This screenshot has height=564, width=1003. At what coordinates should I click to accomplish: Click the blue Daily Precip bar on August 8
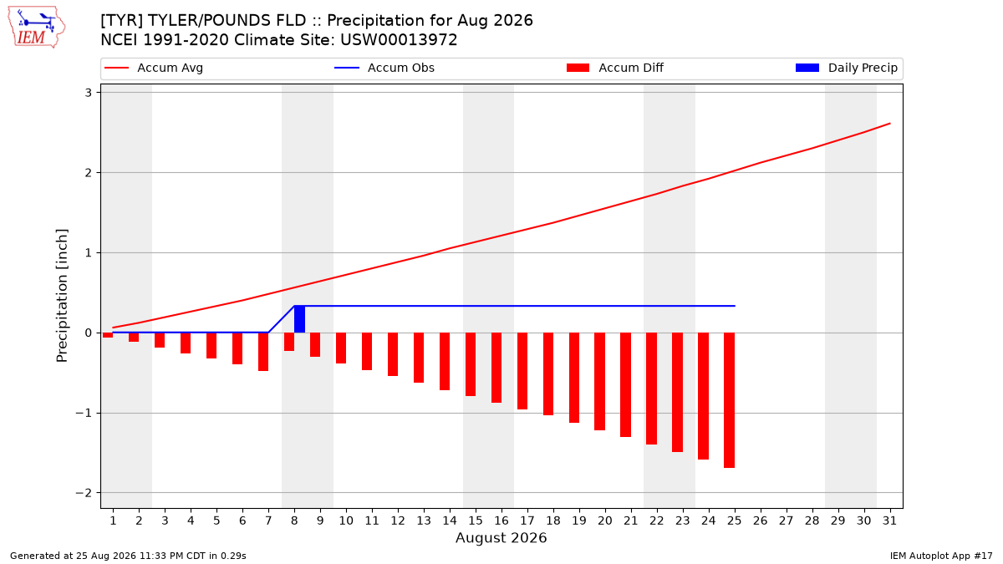[x=299, y=319]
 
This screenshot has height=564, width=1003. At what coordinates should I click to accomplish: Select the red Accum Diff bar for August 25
[x=729, y=400]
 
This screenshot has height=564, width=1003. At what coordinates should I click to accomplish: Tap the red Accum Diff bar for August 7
[x=263, y=352]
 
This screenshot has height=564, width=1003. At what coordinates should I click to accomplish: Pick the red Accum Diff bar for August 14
[x=445, y=361]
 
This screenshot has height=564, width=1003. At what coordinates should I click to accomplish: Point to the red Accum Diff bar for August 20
[x=600, y=381]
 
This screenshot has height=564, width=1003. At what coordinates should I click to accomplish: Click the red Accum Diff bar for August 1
[x=108, y=335]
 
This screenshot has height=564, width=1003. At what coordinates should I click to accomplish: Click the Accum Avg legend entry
[x=154, y=68]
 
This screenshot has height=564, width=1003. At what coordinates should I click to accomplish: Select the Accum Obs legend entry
[x=384, y=68]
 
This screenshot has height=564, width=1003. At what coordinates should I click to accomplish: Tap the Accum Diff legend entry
[x=615, y=68]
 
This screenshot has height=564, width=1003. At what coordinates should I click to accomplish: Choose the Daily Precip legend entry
[x=846, y=68]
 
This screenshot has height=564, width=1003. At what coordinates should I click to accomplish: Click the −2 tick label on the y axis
[x=84, y=493]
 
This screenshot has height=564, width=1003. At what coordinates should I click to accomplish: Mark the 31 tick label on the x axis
[x=889, y=521]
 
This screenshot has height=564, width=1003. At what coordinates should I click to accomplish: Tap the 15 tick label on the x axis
[x=476, y=521]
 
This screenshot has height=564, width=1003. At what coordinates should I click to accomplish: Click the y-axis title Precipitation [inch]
[x=62, y=296]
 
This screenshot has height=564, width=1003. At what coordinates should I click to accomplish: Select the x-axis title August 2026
[x=501, y=537]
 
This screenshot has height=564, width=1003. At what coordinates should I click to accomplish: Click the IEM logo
[x=37, y=28]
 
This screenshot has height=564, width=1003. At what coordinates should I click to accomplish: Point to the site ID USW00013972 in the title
[x=399, y=40]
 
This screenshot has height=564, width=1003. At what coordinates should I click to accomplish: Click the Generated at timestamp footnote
[x=128, y=556]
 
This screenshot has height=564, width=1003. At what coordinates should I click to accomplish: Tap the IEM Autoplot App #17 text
[x=941, y=556]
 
